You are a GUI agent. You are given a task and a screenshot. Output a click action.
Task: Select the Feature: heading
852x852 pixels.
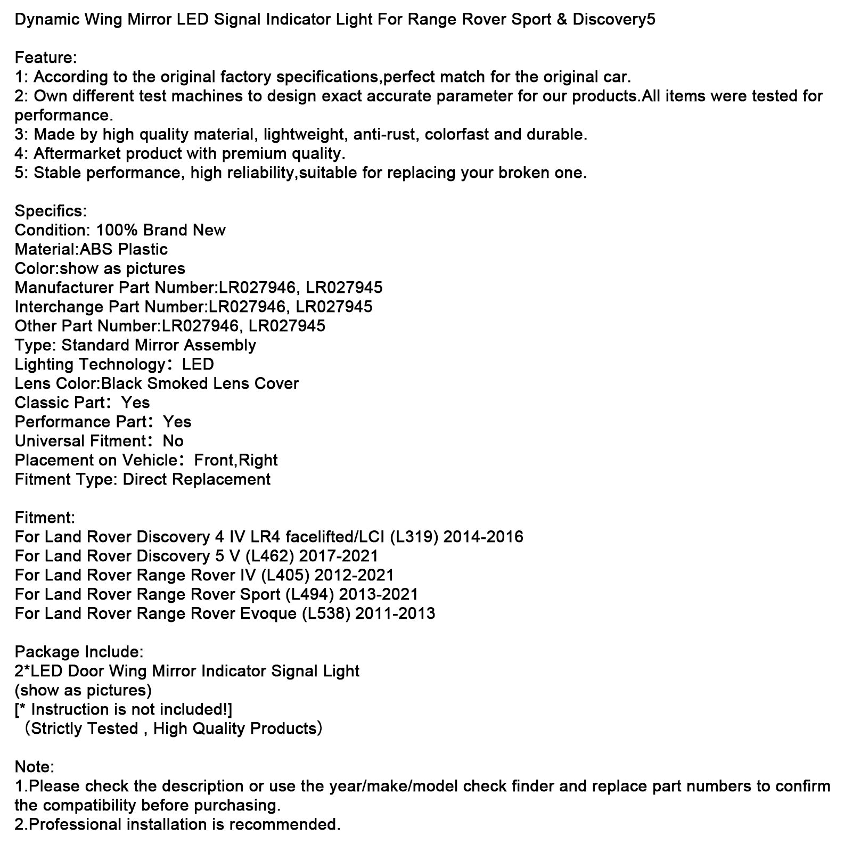(46, 58)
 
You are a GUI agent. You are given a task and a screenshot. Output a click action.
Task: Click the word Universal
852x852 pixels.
(50, 441)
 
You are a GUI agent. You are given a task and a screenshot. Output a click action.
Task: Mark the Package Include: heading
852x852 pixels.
(79, 652)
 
